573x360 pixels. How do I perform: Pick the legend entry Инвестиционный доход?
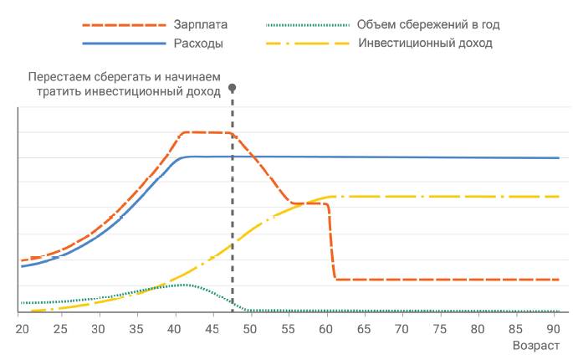coord(424,42)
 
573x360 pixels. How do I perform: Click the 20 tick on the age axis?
coord(22,328)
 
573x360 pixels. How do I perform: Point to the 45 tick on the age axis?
coord(212,328)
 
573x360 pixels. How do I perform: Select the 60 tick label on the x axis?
coord(326,328)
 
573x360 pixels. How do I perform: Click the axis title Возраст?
coord(535,345)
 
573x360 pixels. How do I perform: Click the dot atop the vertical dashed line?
coord(232,87)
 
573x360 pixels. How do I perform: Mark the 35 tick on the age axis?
coord(136,328)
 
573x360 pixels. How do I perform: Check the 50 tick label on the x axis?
coord(250,328)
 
